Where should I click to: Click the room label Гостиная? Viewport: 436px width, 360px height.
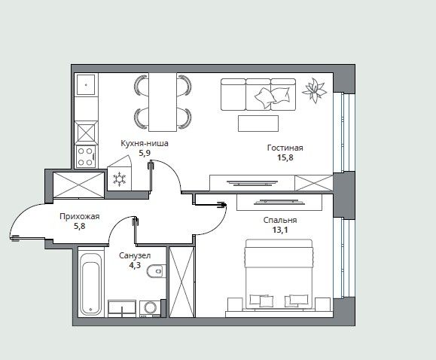285,148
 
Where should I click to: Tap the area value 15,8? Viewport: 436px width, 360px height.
285,157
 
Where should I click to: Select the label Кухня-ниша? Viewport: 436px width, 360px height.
145,144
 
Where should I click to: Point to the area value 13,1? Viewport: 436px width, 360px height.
280,230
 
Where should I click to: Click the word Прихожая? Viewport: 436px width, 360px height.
80,216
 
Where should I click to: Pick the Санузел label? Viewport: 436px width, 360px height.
135,255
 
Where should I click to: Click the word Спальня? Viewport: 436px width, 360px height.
280,220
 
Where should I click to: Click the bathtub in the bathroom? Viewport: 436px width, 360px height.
90,284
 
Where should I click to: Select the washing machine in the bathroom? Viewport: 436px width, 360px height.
151,309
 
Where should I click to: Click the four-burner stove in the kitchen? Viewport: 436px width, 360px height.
86,157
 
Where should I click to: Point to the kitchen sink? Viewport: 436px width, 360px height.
86,84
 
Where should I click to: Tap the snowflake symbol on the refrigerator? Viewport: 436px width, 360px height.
120,179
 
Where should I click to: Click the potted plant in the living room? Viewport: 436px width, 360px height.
315,90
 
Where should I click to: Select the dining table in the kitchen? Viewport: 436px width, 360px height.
163,102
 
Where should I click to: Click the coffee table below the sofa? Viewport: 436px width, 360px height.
258,124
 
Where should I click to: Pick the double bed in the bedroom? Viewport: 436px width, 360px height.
279,274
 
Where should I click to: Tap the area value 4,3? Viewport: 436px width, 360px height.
135,265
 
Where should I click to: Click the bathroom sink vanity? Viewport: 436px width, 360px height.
122,309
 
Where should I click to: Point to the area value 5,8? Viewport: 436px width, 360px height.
80,226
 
